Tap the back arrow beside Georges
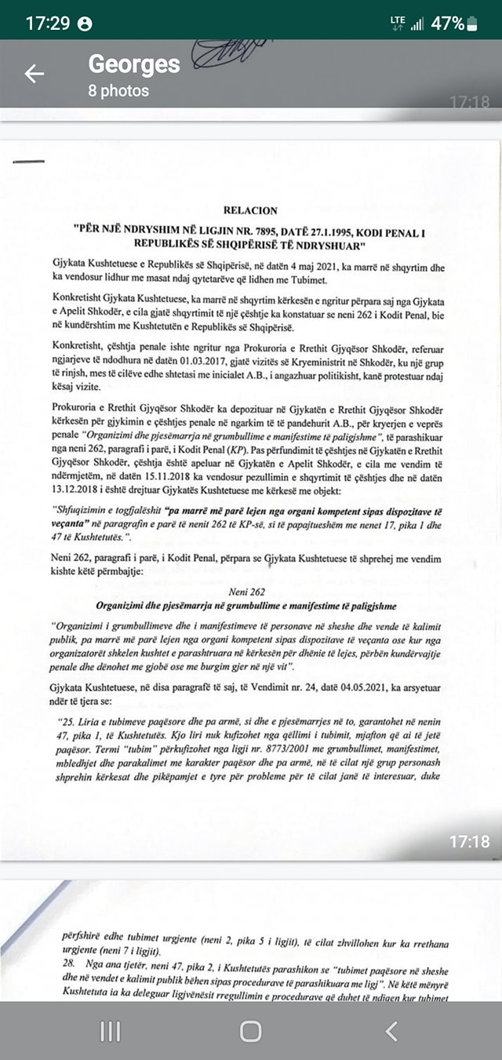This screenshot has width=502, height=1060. [x=35, y=74]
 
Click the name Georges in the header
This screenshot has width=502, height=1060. [x=134, y=64]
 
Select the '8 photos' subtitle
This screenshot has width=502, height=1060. [x=118, y=91]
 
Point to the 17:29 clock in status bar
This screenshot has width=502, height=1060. [x=49, y=23]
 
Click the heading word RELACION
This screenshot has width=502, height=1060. [x=250, y=210]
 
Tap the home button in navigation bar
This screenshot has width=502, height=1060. [x=251, y=1030]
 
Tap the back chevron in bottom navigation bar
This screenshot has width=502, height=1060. [x=392, y=1030]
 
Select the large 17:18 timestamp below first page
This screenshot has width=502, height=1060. [x=469, y=841]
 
